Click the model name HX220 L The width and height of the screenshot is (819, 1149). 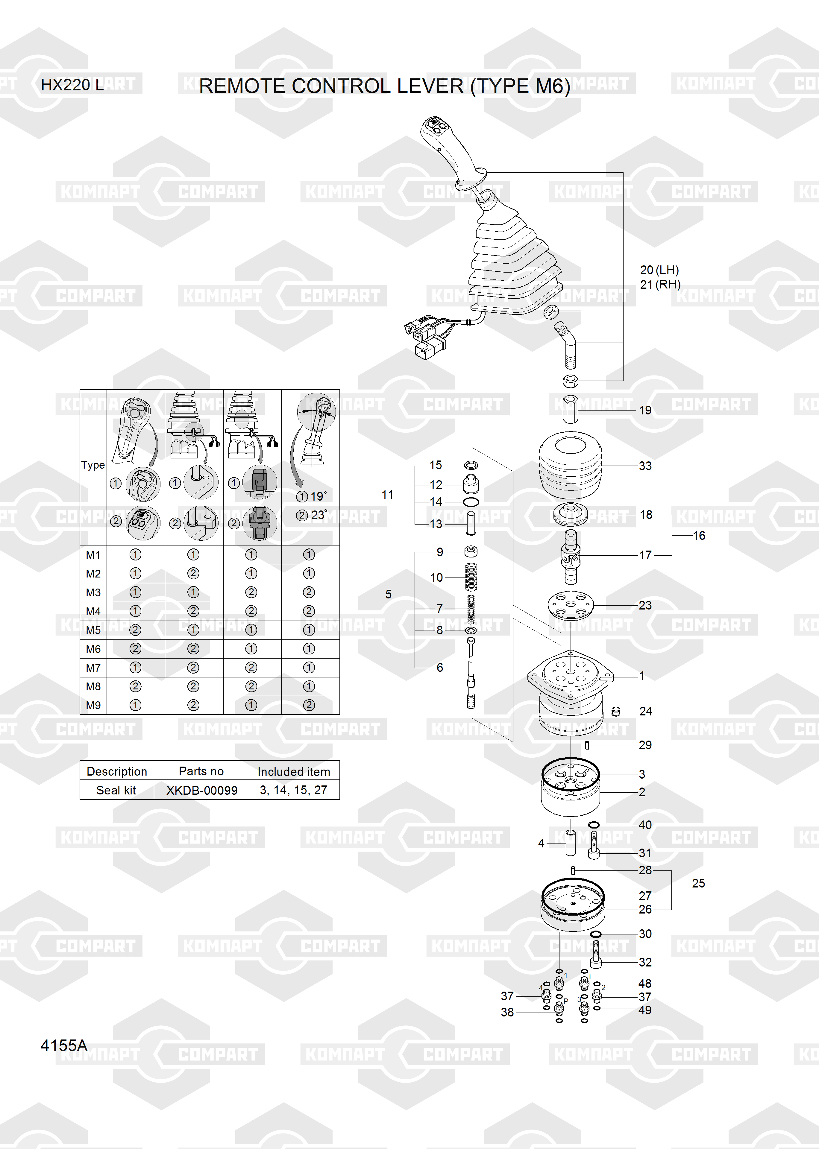point(72,85)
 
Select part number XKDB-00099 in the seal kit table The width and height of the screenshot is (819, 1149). point(202,790)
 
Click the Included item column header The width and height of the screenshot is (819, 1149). point(294,772)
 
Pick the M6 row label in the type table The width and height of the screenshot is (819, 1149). point(93,649)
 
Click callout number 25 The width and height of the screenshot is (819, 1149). point(698,883)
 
